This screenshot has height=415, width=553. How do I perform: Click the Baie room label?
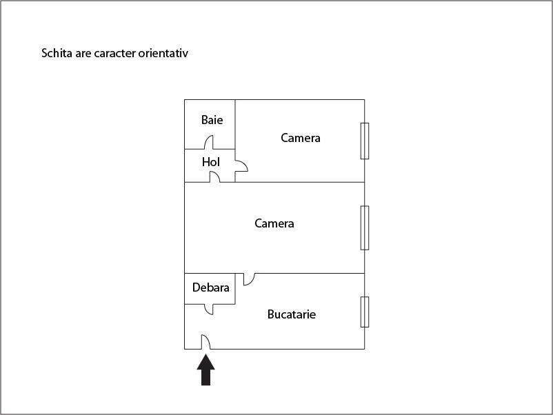[x=212, y=120]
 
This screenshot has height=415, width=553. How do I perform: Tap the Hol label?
[x=211, y=162]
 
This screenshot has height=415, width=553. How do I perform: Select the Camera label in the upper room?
[x=301, y=138]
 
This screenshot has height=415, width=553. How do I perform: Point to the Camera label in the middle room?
[x=274, y=223]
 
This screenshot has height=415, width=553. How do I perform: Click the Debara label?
[x=210, y=287]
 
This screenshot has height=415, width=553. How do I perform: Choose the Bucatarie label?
[x=292, y=314]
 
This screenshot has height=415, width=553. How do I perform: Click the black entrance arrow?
[x=205, y=370]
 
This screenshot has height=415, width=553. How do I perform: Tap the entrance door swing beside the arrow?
[x=205, y=342]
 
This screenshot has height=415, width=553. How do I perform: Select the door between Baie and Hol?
[x=209, y=142]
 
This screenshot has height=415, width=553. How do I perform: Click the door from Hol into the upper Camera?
[x=241, y=165]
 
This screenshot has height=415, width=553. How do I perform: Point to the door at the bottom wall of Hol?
[x=214, y=176]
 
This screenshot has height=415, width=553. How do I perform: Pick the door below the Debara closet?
[x=209, y=310]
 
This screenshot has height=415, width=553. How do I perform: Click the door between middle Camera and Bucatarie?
[x=249, y=279]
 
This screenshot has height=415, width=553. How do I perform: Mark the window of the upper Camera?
[x=365, y=141]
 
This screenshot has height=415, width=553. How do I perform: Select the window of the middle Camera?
[x=365, y=227]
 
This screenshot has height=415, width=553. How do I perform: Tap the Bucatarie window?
[x=365, y=312]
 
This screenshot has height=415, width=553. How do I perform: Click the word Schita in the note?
[x=57, y=53]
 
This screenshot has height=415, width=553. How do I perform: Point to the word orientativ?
[x=163, y=53]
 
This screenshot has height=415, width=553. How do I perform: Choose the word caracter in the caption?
[x=114, y=54]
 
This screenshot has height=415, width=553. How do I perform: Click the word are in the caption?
[x=83, y=54]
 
